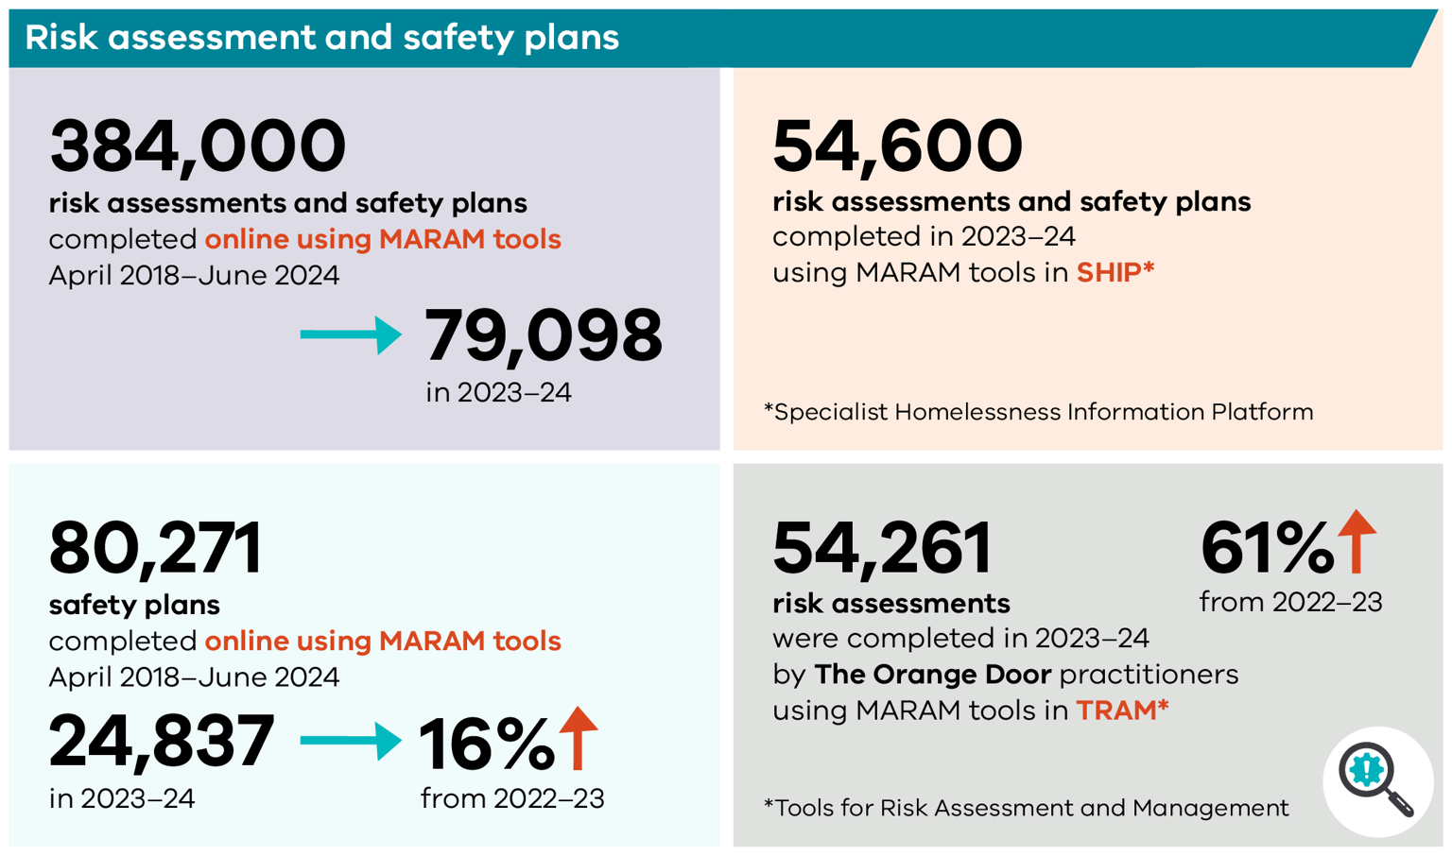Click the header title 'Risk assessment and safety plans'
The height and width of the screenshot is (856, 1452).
pyautogui.click(x=321, y=38)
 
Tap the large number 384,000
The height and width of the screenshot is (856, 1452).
pyautogui.click(x=198, y=146)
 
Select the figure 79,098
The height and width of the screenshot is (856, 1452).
pyautogui.click(x=543, y=336)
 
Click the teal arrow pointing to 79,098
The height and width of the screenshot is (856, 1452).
pyautogui.click(x=351, y=334)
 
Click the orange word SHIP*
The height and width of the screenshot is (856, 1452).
pyautogui.click(x=1115, y=273)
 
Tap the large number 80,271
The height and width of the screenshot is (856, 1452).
pyautogui.click(x=155, y=549)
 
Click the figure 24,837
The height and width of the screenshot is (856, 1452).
pyautogui.click(x=162, y=742)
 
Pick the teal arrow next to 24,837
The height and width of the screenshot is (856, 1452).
pyautogui.click(x=351, y=740)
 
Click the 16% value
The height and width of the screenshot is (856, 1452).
pyautogui.click(x=485, y=745)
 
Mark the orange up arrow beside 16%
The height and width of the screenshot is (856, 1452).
pyautogui.click(x=579, y=737)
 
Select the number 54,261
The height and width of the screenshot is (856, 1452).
pyautogui.click(x=881, y=549)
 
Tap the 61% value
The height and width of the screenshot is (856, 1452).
pyautogui.click(x=1266, y=548)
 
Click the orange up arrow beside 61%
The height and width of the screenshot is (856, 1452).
pyautogui.click(x=1357, y=541)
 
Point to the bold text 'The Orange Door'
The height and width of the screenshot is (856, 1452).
pyautogui.click(x=932, y=675)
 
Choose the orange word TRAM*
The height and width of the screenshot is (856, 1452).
pyautogui.click(x=1122, y=710)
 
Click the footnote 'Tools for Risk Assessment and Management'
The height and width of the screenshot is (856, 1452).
pyautogui.click(x=1026, y=809)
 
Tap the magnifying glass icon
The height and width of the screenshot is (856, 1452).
pyautogui.click(x=1376, y=780)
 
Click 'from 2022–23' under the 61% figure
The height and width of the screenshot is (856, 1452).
pyautogui.click(x=1290, y=602)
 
